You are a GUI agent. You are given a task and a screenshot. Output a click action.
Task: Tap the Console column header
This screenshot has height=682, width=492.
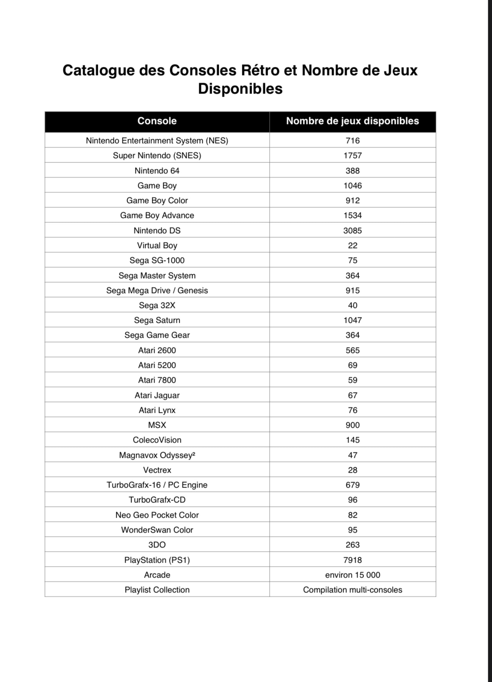157,121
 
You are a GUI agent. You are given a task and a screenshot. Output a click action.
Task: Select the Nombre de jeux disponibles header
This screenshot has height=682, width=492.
352,121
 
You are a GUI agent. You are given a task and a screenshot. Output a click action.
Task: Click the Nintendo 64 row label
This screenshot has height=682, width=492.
157,171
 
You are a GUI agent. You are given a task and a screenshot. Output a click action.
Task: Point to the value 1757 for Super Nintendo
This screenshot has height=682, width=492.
352,156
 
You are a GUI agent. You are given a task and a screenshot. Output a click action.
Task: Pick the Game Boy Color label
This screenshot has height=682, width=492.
157,200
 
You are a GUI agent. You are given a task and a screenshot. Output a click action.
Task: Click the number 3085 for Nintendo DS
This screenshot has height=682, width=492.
352,230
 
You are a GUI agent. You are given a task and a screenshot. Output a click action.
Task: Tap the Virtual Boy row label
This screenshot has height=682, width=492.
157,245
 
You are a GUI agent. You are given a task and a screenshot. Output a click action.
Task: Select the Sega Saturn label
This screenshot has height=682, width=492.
157,320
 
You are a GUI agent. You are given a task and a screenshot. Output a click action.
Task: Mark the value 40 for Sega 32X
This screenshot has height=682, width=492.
352,305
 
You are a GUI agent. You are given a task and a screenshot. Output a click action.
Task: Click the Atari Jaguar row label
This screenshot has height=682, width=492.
157,395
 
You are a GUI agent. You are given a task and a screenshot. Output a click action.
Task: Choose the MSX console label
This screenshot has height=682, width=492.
157,425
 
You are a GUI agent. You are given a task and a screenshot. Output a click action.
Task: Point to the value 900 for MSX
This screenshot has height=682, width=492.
352,425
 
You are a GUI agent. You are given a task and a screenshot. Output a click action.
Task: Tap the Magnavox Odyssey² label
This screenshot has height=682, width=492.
157,455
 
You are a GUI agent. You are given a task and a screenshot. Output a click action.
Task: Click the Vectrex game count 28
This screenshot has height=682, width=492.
352,470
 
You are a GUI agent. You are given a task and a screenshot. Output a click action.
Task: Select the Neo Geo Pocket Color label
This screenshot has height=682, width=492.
157,515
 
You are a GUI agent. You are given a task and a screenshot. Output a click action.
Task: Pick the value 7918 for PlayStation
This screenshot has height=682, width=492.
352,560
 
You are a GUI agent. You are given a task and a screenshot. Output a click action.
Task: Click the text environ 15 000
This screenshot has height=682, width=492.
352,575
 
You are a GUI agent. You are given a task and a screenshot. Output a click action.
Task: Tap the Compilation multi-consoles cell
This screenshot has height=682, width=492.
352,590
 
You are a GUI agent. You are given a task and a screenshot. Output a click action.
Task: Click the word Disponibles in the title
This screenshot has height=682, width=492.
240,89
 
